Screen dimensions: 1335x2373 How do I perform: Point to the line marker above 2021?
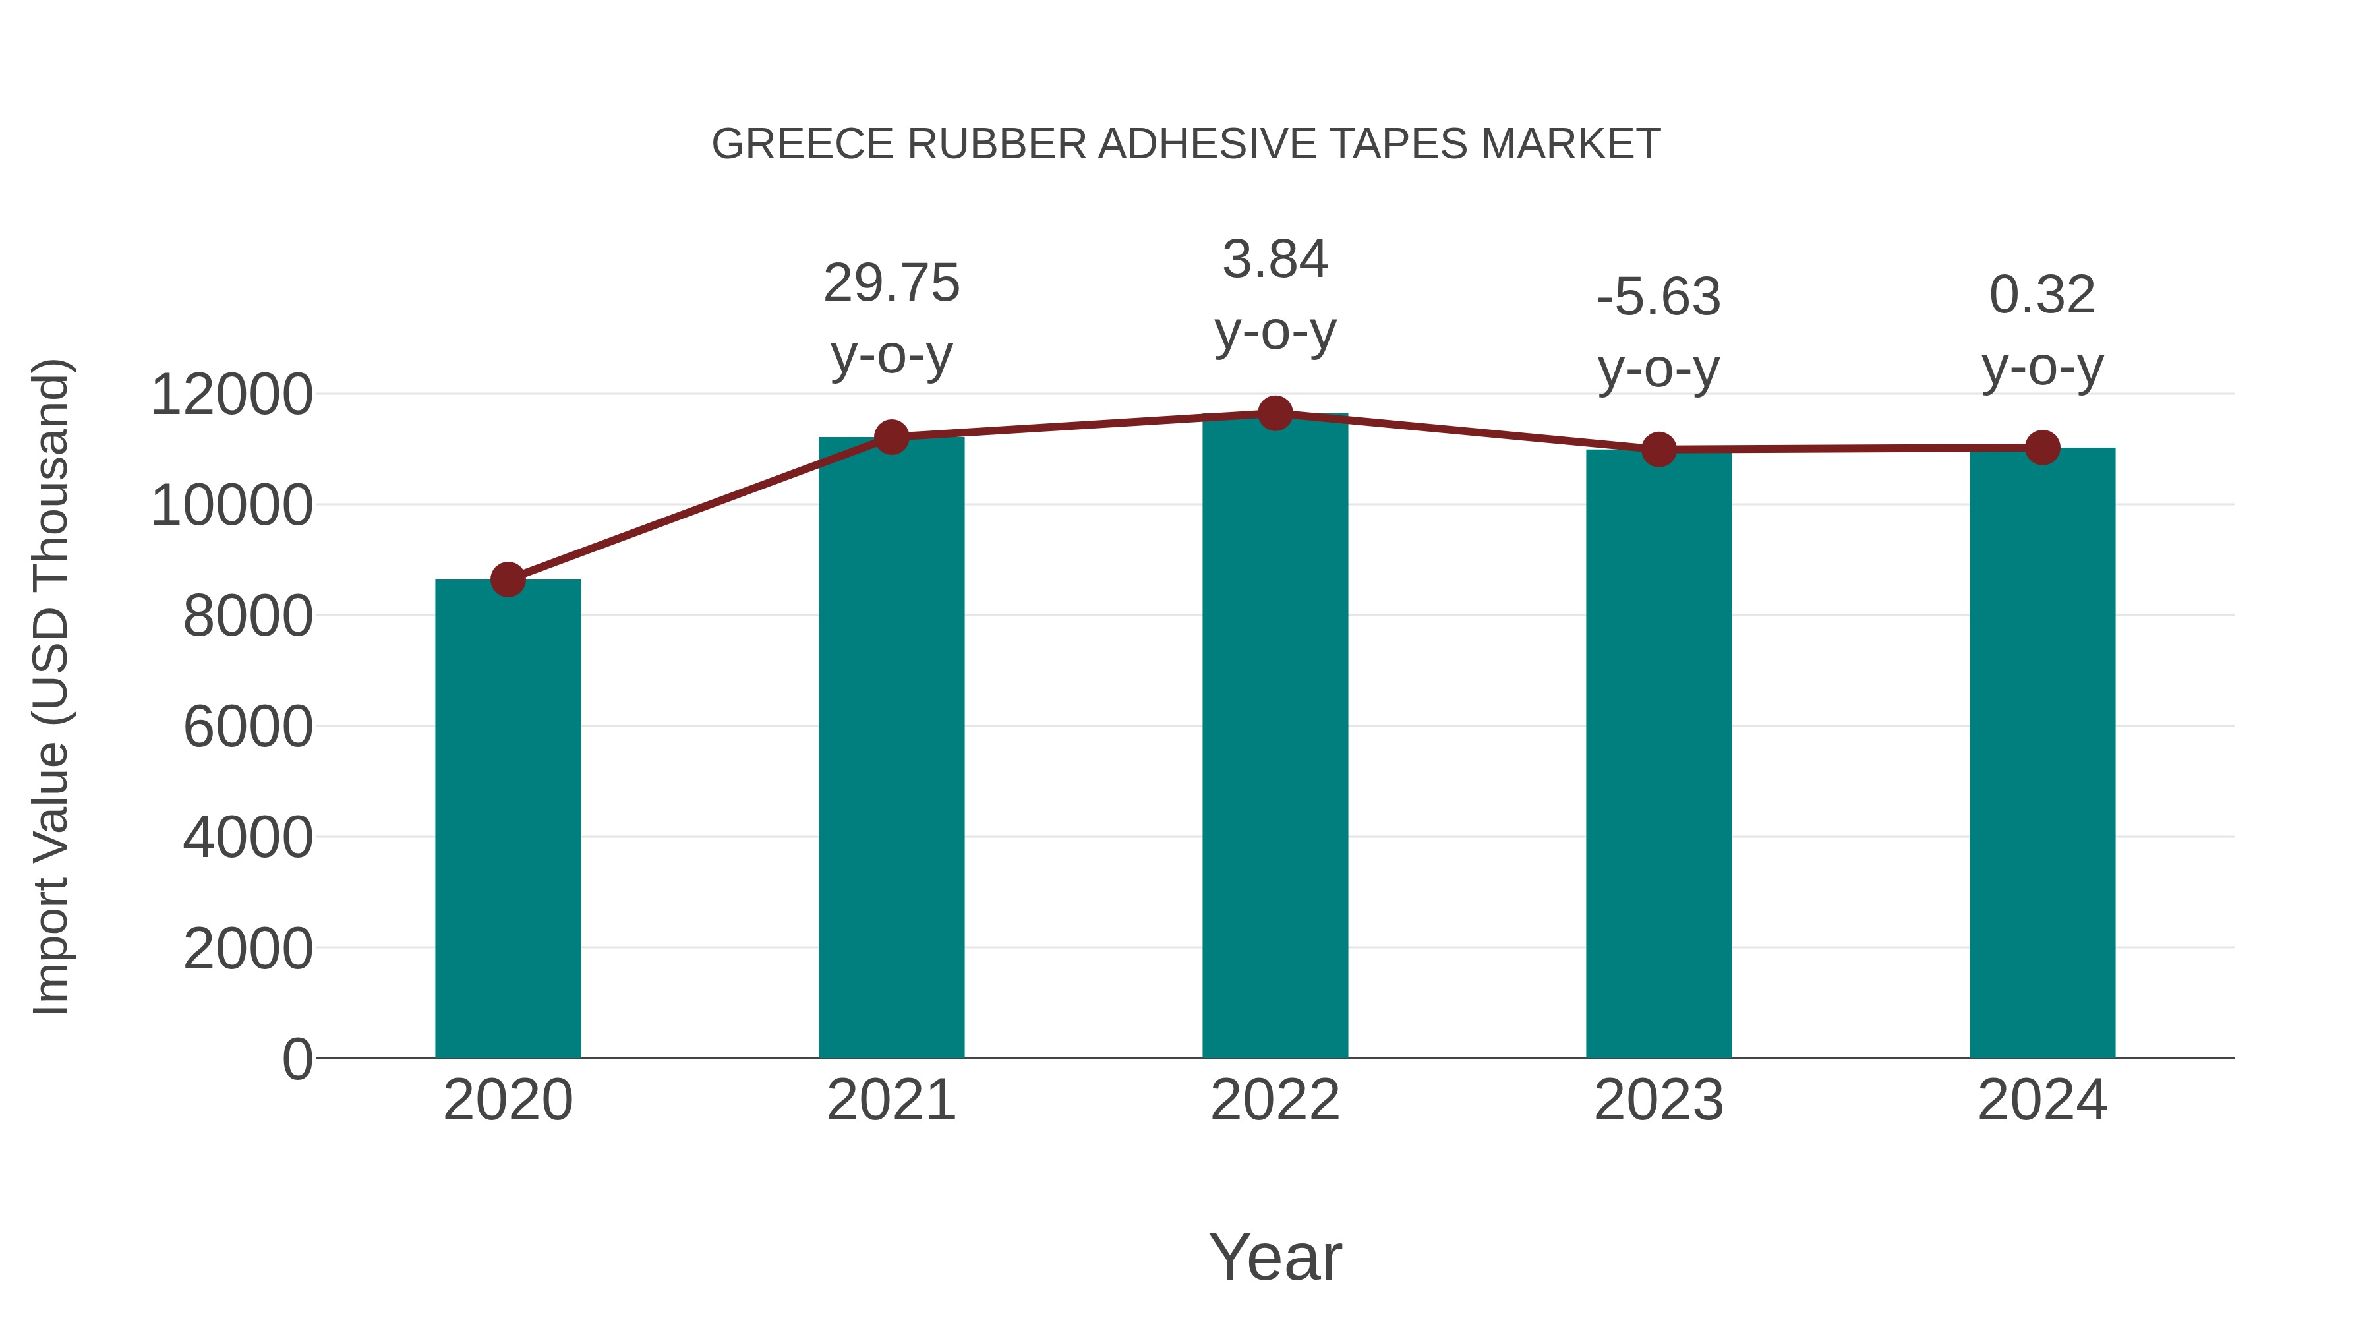coord(892,438)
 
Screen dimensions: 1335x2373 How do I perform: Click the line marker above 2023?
coord(1658,450)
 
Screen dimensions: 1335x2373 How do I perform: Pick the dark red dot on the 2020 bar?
coord(508,579)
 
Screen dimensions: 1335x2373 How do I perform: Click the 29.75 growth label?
coord(892,283)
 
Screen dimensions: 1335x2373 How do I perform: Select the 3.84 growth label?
coord(1275,259)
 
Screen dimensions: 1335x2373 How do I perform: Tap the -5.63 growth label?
coord(1658,297)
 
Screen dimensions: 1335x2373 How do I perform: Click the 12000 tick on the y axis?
coord(231,396)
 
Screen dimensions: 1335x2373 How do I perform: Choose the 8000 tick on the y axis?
coord(248,616)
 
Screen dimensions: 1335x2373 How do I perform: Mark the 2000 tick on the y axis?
coord(248,949)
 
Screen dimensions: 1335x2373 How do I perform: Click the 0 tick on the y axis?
coord(297,1059)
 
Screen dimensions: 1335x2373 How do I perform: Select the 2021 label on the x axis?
coord(892,1100)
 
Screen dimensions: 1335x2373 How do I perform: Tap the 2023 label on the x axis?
coord(1658,1100)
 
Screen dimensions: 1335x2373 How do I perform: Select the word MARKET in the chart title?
coord(1571,144)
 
